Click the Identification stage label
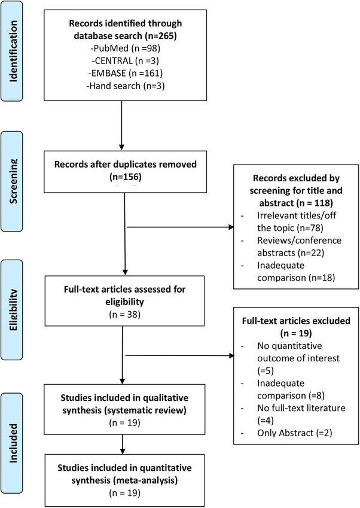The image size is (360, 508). pyautogui.click(x=13, y=51)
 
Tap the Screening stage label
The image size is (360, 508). pyautogui.click(x=13, y=181)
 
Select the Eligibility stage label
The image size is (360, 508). pyautogui.click(x=13, y=310)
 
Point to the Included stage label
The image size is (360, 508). pyautogui.click(x=13, y=443)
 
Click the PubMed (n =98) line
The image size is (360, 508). pyautogui.click(x=126, y=48)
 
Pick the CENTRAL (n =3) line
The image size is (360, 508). pyautogui.click(x=126, y=61)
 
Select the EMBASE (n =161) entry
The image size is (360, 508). pyautogui.click(x=126, y=73)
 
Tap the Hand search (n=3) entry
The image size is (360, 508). pyautogui.click(x=126, y=86)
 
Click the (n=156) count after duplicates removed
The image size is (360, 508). pyautogui.click(x=126, y=177)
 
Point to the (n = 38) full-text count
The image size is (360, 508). pyautogui.click(x=124, y=314)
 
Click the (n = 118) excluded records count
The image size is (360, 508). pyautogui.click(x=314, y=203)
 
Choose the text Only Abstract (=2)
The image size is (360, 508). pyautogui.click(x=295, y=433)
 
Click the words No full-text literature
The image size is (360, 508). pyautogui.click(x=301, y=408)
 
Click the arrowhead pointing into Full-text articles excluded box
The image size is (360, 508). pyautogui.click(x=231, y=356)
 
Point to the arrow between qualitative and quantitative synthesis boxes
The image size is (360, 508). pyautogui.click(x=123, y=444)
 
